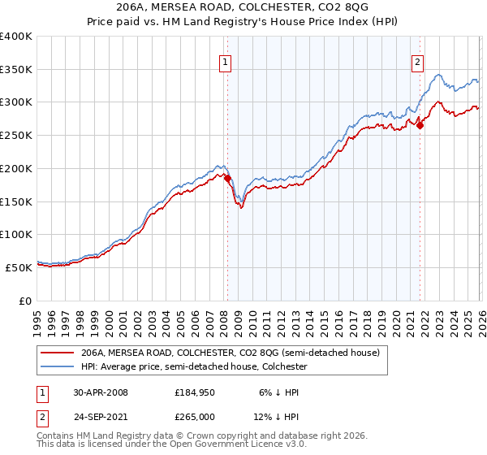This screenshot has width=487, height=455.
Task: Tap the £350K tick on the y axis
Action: point(16,70)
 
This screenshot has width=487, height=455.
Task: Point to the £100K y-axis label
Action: point(16,235)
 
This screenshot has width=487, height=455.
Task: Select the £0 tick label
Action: point(26,301)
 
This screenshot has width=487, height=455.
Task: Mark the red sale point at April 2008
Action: point(228,179)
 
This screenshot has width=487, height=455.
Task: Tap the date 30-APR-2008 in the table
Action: point(101,392)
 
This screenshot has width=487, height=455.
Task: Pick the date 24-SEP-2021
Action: point(101,416)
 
